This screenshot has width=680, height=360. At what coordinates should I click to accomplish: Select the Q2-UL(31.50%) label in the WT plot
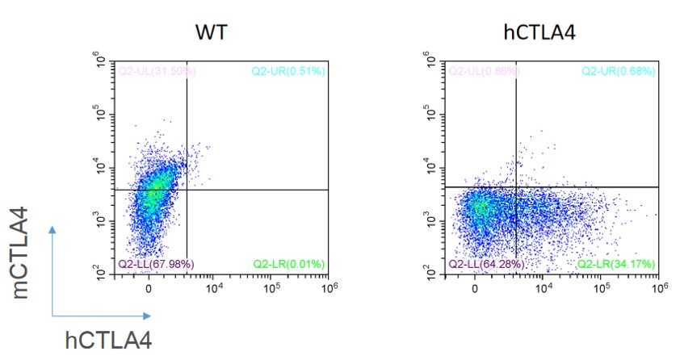pyautogui.click(x=157, y=71)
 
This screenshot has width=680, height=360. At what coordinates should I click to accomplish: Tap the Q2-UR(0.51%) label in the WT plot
pyautogui.click(x=288, y=71)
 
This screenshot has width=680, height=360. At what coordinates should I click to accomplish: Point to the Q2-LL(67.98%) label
pyautogui.click(x=157, y=264)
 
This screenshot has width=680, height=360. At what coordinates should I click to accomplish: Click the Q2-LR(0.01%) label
pyautogui.click(x=289, y=264)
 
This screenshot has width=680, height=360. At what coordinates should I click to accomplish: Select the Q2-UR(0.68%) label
pyautogui.click(x=619, y=71)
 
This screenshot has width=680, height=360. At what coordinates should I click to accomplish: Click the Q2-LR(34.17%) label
pyautogui.click(x=616, y=264)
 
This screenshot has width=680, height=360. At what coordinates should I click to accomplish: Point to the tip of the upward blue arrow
pyautogui.click(x=52, y=228)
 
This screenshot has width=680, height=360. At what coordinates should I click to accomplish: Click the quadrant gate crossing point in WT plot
pyautogui.click(x=187, y=190)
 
